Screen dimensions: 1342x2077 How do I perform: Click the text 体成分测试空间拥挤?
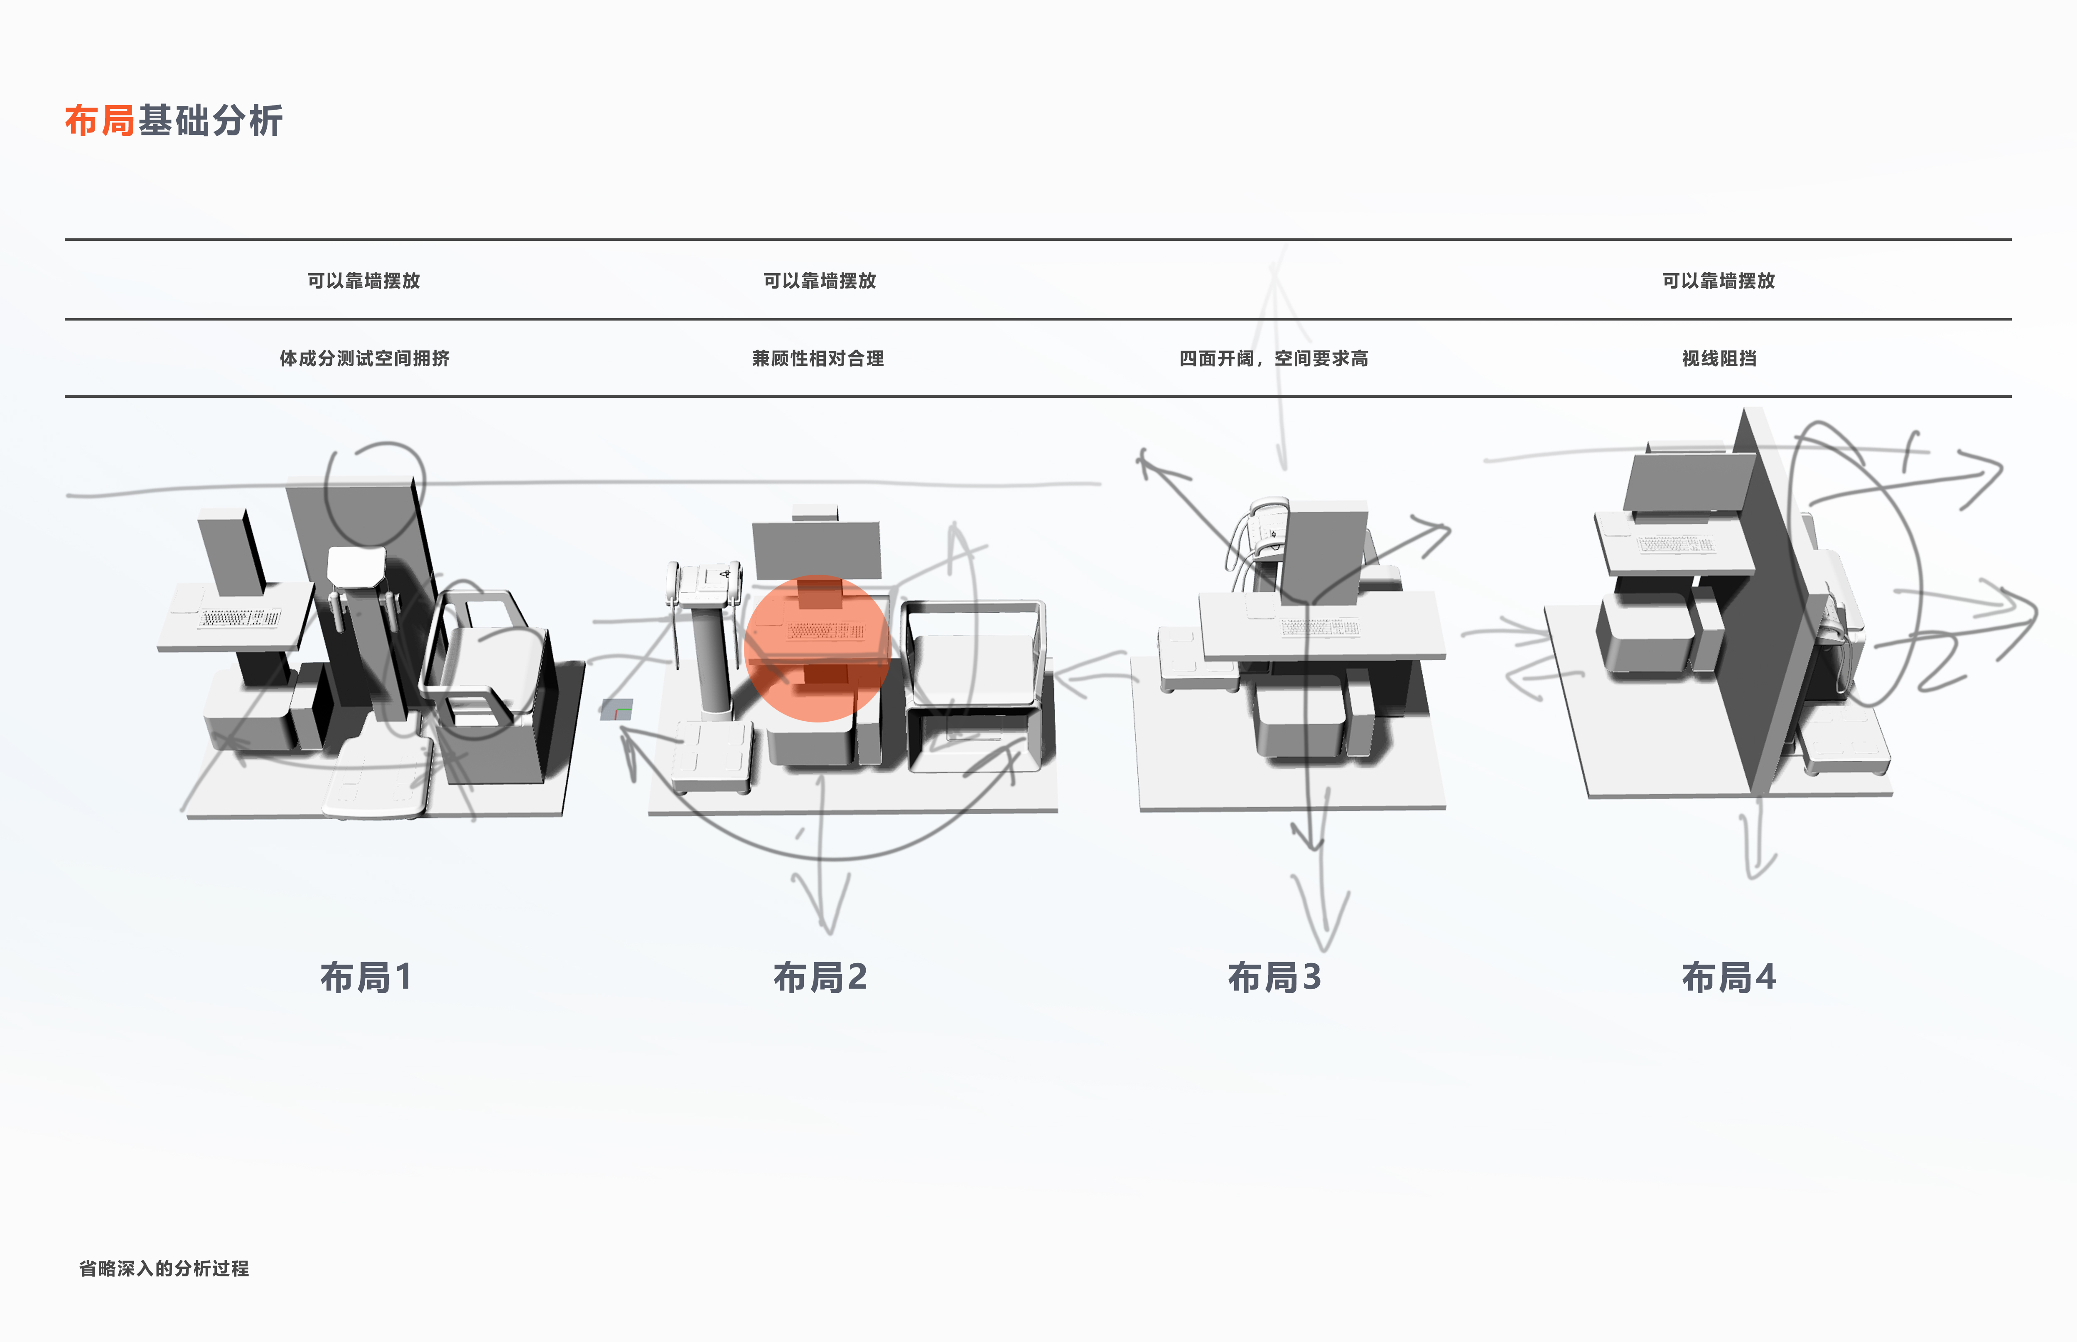(364, 358)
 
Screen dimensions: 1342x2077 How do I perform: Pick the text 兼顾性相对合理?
(818, 358)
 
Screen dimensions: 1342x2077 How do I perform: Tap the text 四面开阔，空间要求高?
(1273, 358)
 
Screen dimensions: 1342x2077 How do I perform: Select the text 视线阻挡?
(1719, 358)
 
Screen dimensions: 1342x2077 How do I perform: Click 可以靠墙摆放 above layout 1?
(363, 281)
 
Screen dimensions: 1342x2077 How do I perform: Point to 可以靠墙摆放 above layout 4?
(1718, 281)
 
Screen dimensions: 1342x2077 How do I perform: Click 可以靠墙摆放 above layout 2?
(819, 281)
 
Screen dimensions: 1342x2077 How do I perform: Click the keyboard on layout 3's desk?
(1319, 627)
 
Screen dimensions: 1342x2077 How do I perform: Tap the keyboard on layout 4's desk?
(1675, 545)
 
